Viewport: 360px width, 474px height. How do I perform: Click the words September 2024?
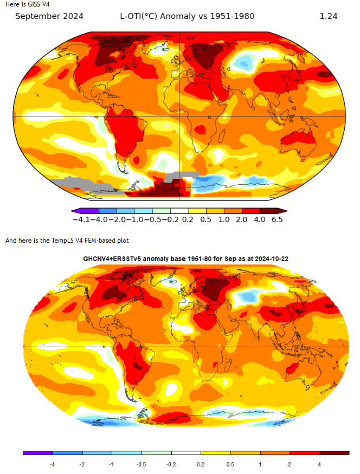pos(49,16)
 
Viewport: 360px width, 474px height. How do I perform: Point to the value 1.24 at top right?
pos(329,16)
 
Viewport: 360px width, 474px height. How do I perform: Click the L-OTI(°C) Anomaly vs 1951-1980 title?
pos(187,16)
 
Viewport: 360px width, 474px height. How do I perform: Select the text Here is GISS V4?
pos(27,4)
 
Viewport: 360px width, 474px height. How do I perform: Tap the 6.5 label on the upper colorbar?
pos(277,219)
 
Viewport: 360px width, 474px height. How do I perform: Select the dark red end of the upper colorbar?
pos(275,211)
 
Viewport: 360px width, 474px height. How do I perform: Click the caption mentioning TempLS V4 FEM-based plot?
pos(67,240)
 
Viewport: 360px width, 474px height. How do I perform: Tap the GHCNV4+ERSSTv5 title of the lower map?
pos(185,259)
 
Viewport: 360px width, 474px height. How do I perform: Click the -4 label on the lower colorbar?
pos(52,464)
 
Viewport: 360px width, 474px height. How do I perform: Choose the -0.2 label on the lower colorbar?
pos(171,464)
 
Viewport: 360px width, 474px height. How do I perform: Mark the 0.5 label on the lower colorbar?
pos(231,464)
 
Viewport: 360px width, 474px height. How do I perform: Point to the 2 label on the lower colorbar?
pos(290,464)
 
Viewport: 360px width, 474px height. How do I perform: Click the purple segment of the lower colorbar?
pos(38,452)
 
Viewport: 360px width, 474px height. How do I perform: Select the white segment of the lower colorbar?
pos(186,452)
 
